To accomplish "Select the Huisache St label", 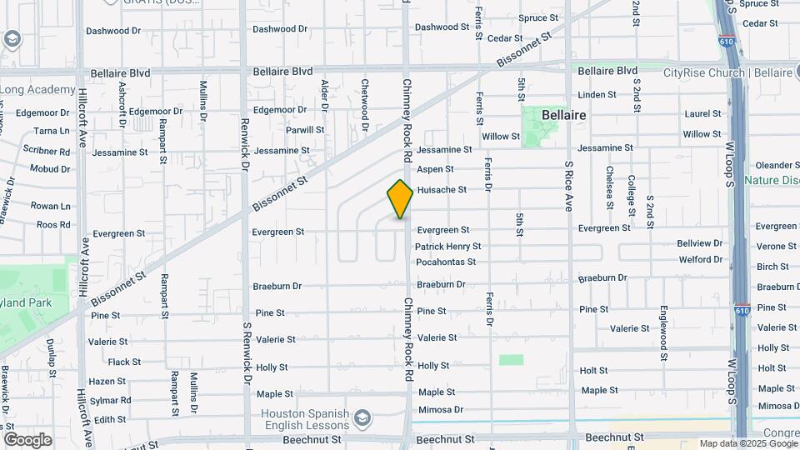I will [x=442, y=190].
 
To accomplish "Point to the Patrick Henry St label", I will [x=448, y=247].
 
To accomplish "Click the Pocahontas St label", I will [x=446, y=262].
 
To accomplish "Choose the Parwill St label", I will [x=305, y=130].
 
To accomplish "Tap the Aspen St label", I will [x=435, y=169].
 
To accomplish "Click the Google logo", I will [x=27, y=440].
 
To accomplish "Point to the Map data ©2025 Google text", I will [x=747, y=443].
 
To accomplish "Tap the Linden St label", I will [x=597, y=95].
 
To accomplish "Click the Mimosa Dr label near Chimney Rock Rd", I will [x=441, y=410].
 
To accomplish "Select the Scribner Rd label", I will [x=46, y=152].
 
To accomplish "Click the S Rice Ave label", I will [x=568, y=186].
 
